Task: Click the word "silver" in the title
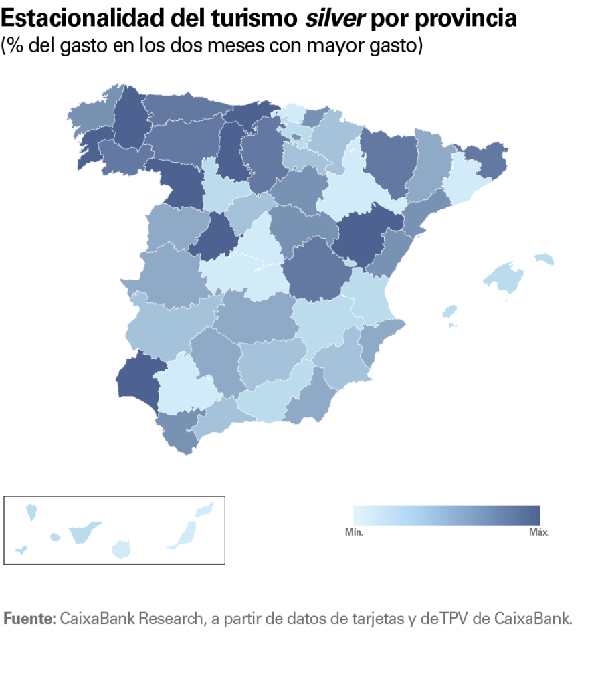point(334,19)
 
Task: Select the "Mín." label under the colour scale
point(354,532)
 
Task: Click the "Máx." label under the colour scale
point(538,532)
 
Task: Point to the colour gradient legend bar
point(446,515)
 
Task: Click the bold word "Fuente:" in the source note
point(29,618)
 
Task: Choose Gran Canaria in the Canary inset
point(122,550)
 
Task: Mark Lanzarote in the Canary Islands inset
point(205,510)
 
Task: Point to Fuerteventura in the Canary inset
point(186,534)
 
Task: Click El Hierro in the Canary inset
point(21,550)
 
